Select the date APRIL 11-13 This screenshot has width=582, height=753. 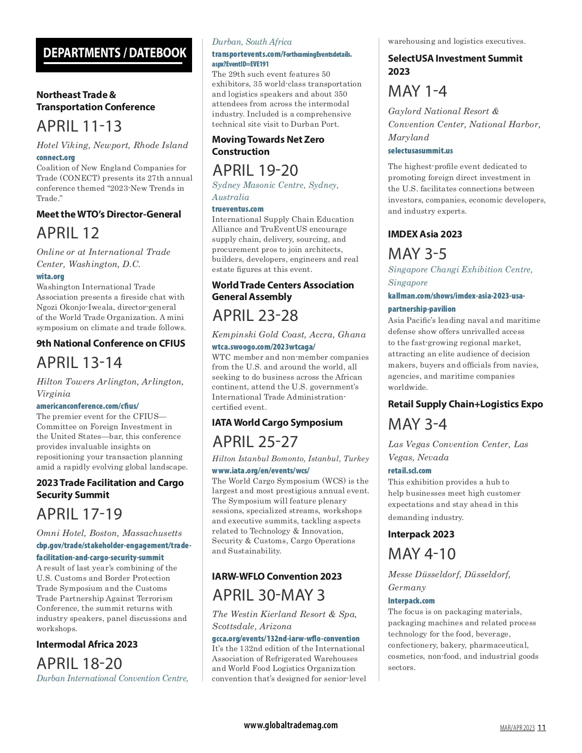(79, 126)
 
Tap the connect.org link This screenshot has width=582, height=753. (56, 157)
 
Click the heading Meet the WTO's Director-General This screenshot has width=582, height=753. (109, 214)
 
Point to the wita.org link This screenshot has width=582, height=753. (50, 276)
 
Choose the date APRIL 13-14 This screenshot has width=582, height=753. (80, 363)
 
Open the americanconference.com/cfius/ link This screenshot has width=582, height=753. (88, 406)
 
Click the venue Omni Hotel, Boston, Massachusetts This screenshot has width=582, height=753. (109, 533)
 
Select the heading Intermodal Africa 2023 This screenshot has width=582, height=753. (87, 644)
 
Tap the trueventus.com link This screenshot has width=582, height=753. (238, 209)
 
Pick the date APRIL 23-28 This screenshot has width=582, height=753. (256, 316)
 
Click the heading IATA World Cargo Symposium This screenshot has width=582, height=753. (277, 422)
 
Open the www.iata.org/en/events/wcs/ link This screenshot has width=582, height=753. (260, 470)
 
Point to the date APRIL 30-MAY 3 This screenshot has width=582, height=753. (269, 595)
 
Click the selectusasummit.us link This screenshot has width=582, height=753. (420, 151)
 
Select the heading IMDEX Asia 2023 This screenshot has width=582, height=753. (425, 234)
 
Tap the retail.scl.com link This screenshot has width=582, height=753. (409, 470)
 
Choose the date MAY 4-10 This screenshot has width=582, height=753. (422, 554)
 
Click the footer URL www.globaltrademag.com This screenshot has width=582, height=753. (291, 725)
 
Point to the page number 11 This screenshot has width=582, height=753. (542, 727)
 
